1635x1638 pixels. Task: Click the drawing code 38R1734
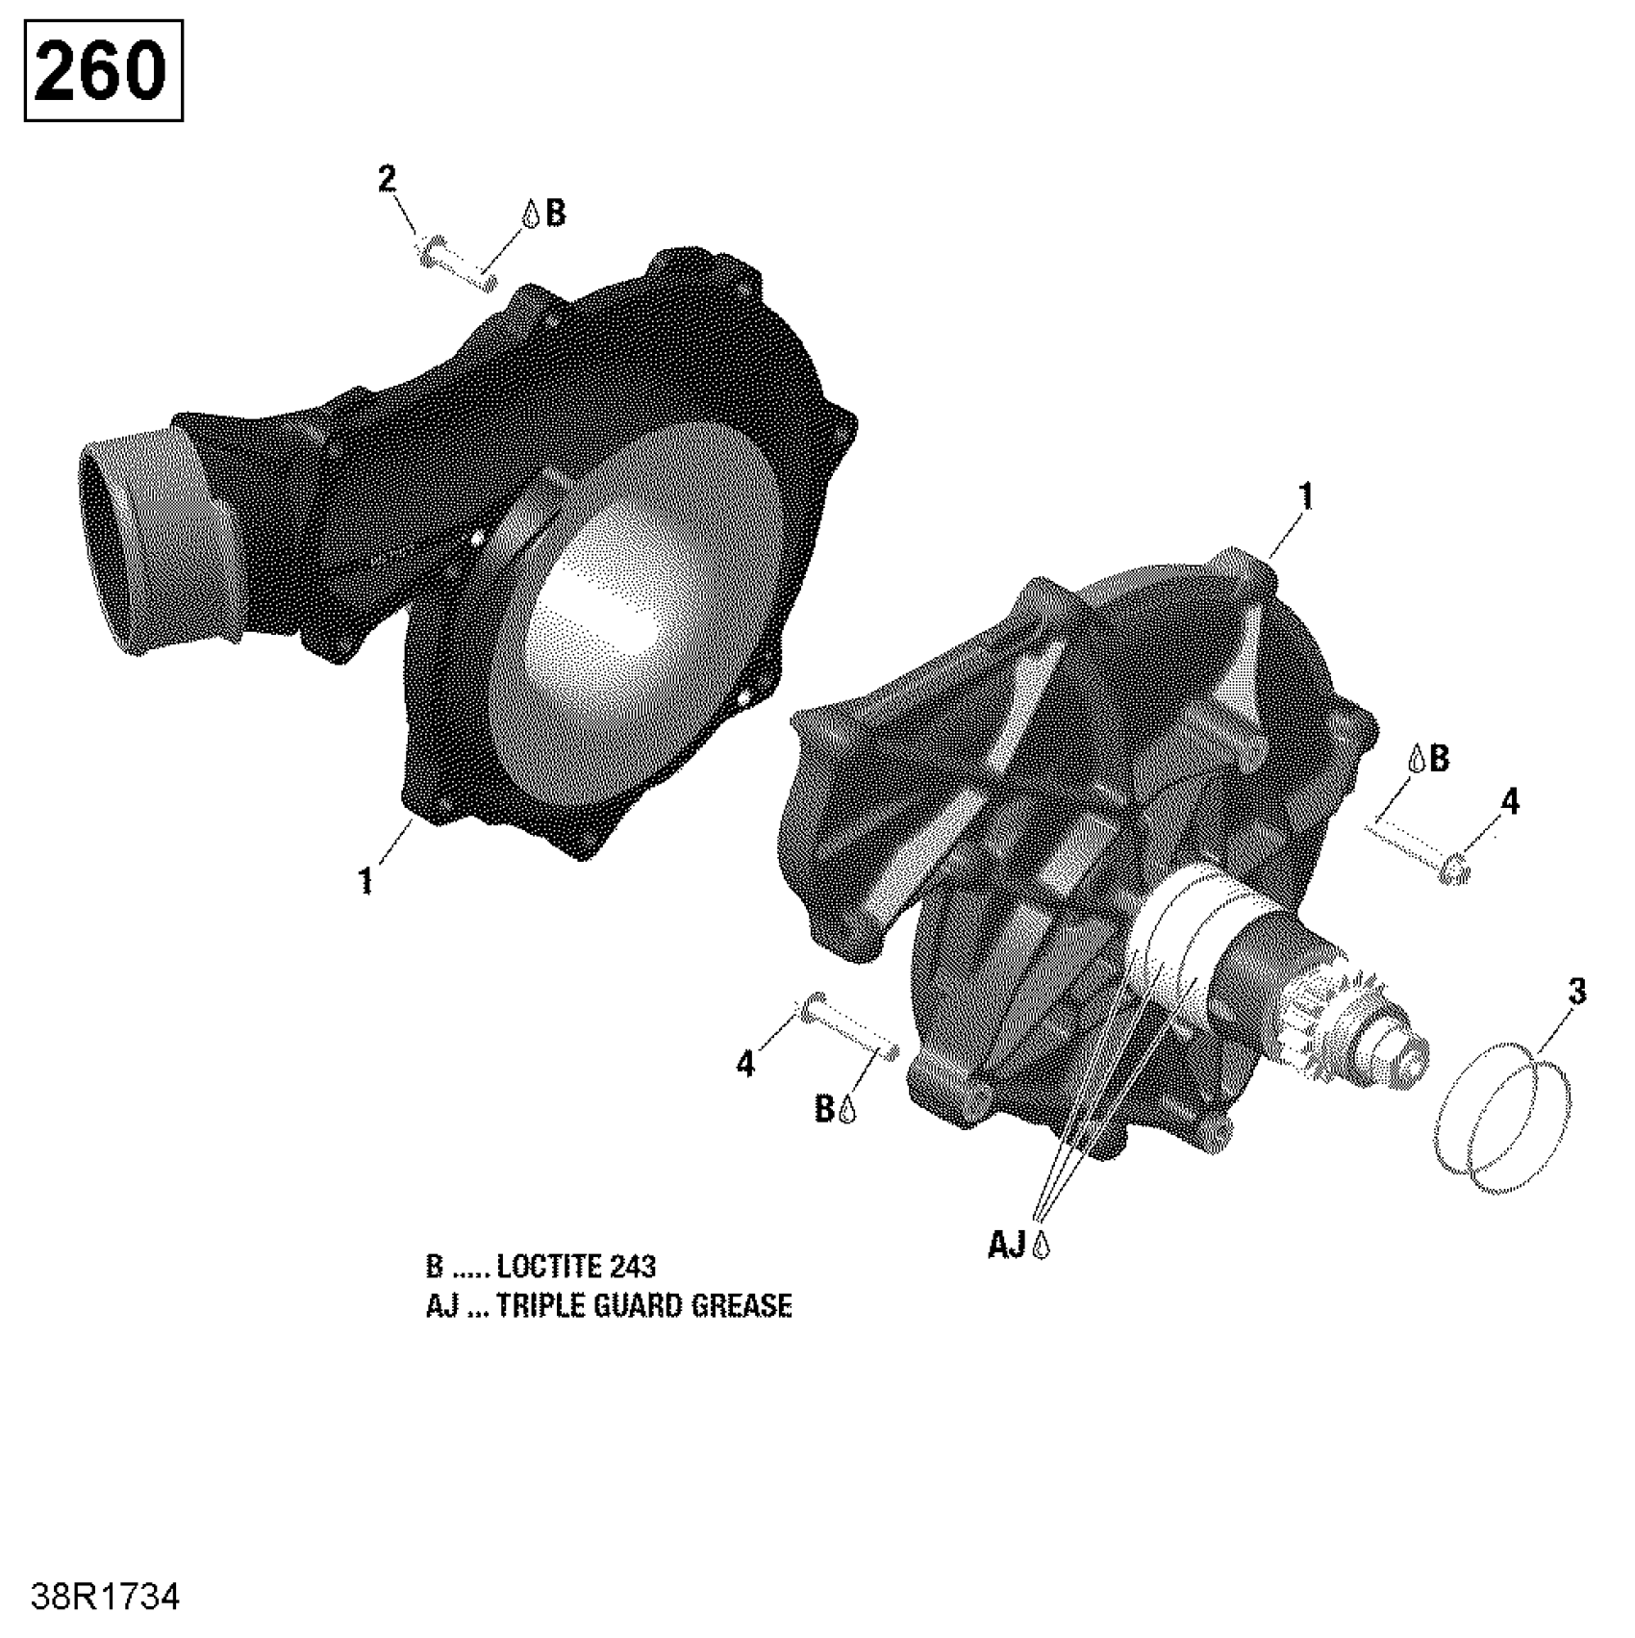coord(105,1598)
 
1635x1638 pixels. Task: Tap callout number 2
coord(387,179)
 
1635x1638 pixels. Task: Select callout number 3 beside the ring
coord(1576,992)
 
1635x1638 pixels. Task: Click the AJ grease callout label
coord(1019,1246)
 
